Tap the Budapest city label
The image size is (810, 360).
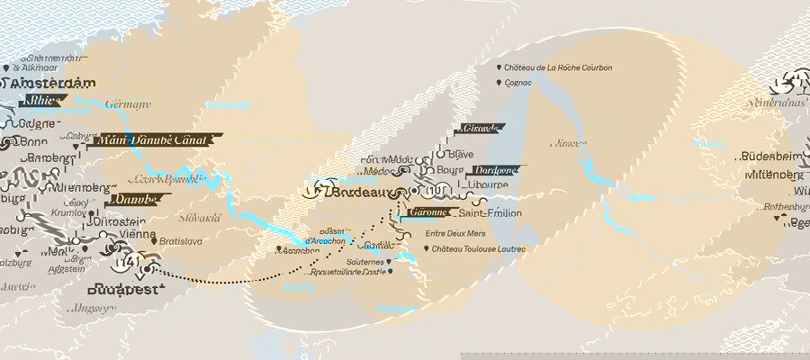pyautogui.click(x=125, y=291)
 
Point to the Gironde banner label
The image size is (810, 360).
pyautogui.click(x=478, y=129)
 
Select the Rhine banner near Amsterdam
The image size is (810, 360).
pyautogui.click(x=45, y=100)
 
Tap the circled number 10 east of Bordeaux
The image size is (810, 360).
pyautogui.click(x=436, y=190)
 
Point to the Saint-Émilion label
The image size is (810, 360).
pyautogui.click(x=490, y=212)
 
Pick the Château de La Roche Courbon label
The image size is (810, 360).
pyautogui.click(x=559, y=67)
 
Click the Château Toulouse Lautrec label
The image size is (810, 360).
pyautogui.click(x=477, y=248)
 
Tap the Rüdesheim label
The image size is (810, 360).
pyautogui.click(x=771, y=157)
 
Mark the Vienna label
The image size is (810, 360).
pyautogui.click(x=137, y=233)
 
